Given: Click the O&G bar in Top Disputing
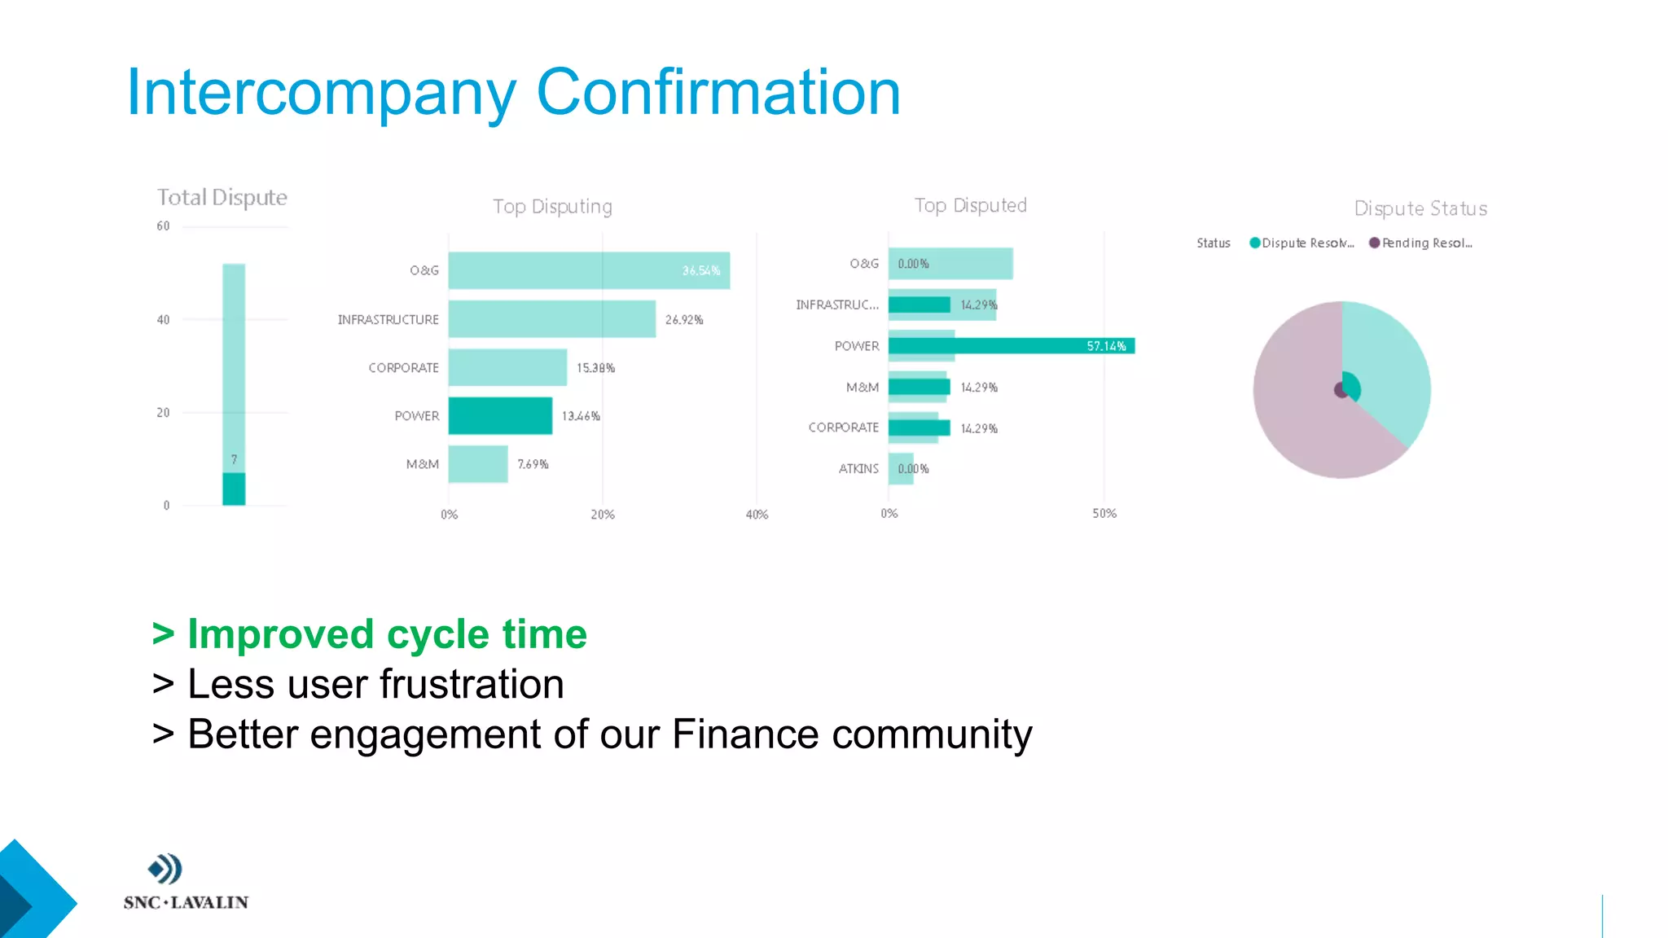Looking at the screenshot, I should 588,270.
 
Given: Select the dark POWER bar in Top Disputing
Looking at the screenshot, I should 500,416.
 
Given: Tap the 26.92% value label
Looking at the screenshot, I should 684,320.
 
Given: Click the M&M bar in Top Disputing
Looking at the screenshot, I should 478,464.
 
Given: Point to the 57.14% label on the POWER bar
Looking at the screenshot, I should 1106,347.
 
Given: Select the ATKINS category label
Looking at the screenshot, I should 858,469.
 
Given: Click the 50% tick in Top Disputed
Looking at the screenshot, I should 1104,514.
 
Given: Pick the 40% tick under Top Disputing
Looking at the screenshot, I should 757,515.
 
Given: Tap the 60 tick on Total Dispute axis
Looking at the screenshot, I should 164,226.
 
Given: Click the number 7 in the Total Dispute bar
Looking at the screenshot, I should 234,460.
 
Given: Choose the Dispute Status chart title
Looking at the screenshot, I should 1420,209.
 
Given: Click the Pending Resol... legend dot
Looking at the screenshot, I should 1375,243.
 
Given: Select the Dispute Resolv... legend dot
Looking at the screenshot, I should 1255,243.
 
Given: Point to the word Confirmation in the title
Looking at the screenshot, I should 718,93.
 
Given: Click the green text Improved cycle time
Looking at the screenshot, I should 387,634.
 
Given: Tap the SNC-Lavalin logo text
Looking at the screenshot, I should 186,902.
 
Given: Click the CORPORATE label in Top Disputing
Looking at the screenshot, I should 403,368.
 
